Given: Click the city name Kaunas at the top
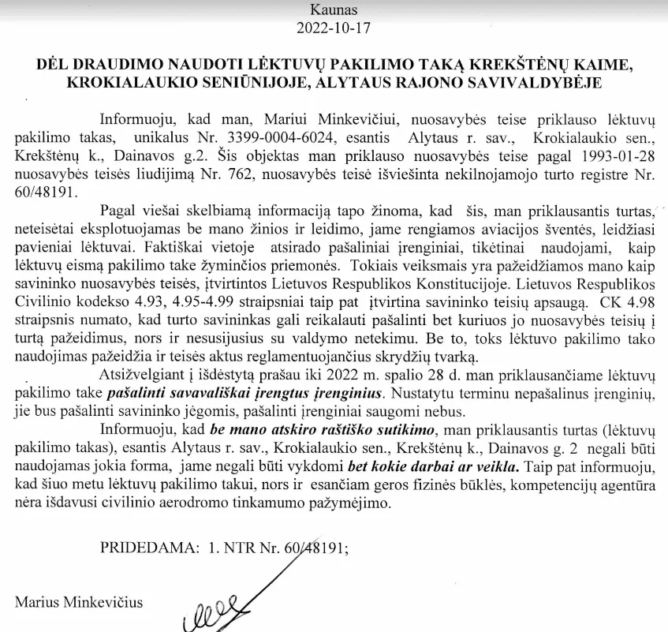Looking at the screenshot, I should [334, 12].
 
